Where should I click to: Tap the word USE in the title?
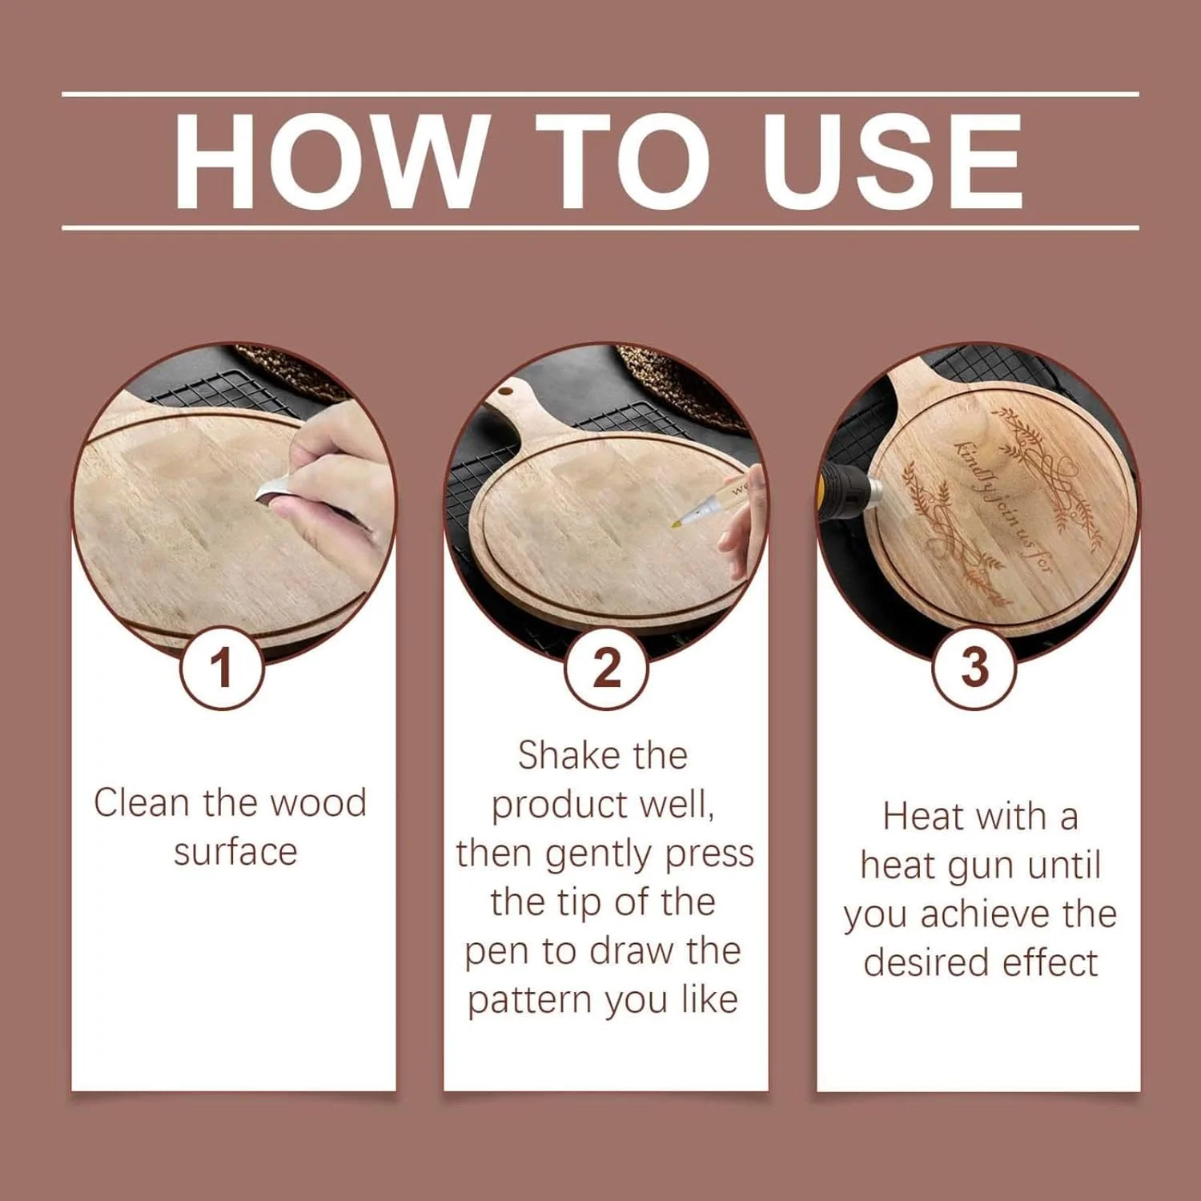pos(893,161)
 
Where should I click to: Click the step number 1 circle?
pos(222,667)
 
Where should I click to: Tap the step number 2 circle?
pos(606,667)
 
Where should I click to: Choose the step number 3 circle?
pos(974,667)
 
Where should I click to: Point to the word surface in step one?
pos(235,852)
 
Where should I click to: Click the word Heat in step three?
pos(923,817)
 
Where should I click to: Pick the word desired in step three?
pos(927,962)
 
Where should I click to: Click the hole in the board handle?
pos(506,392)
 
